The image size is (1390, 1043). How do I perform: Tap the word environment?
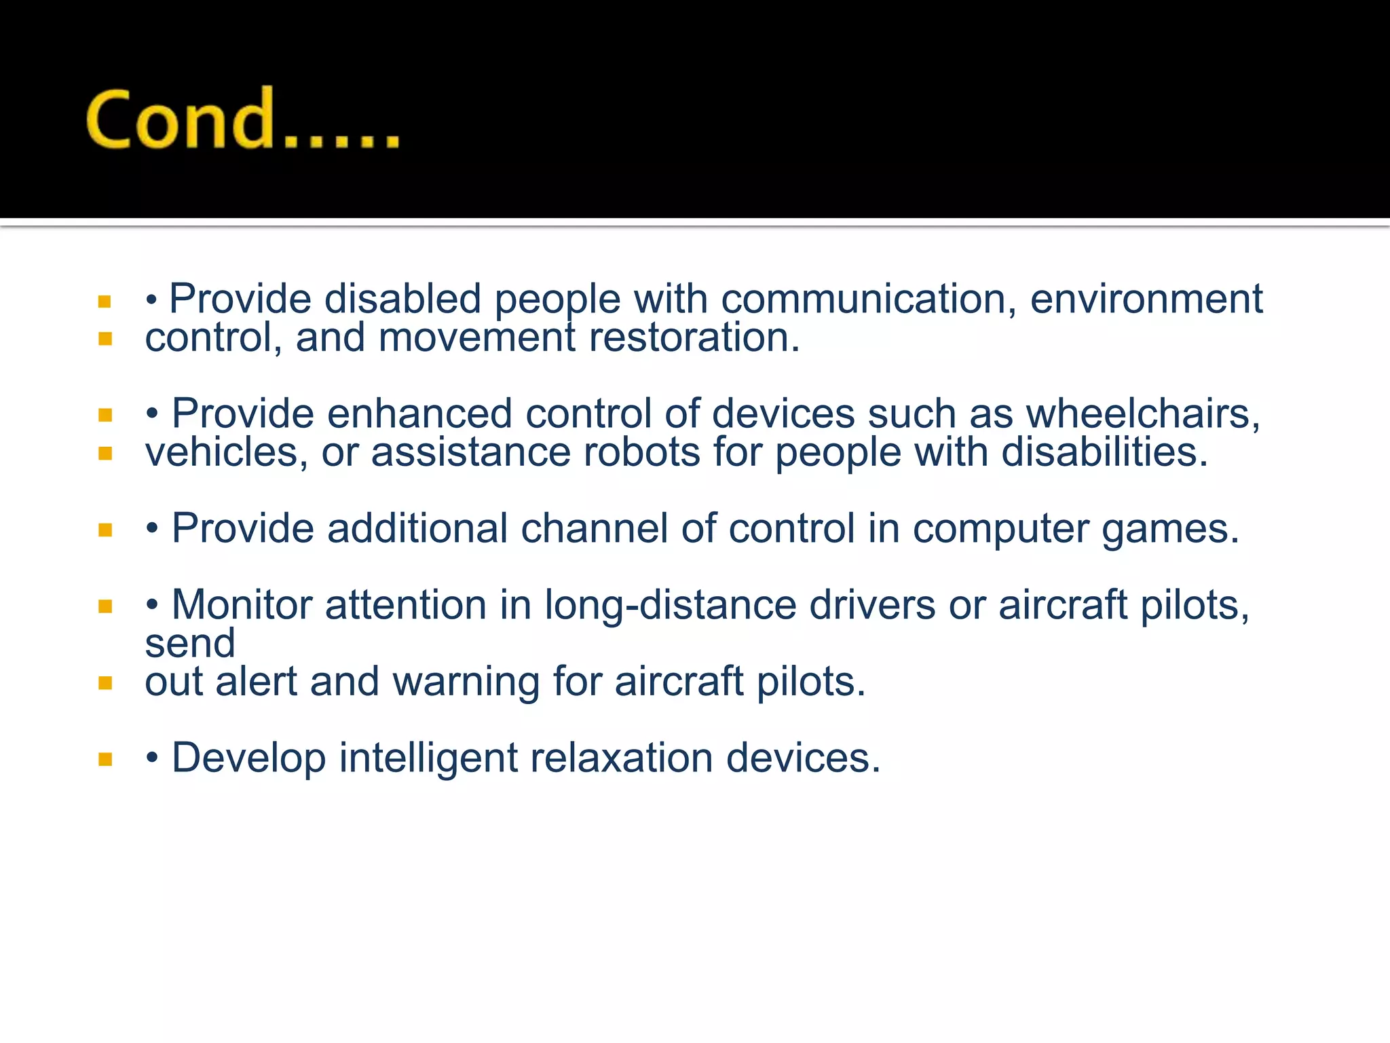coord(1146,299)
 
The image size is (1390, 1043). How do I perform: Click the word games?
coord(1170,529)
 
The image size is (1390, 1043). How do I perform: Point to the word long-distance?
coord(670,605)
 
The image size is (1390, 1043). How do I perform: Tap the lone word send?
coord(190,643)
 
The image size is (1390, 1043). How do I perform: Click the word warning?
coord(466,682)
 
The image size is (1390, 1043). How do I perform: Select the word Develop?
coord(248,758)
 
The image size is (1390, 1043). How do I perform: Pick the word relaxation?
coord(621,758)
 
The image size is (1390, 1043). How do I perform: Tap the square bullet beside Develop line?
coord(105,759)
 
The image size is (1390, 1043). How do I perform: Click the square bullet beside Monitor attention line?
coord(105,606)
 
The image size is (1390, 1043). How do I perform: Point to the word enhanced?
coord(419,414)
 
